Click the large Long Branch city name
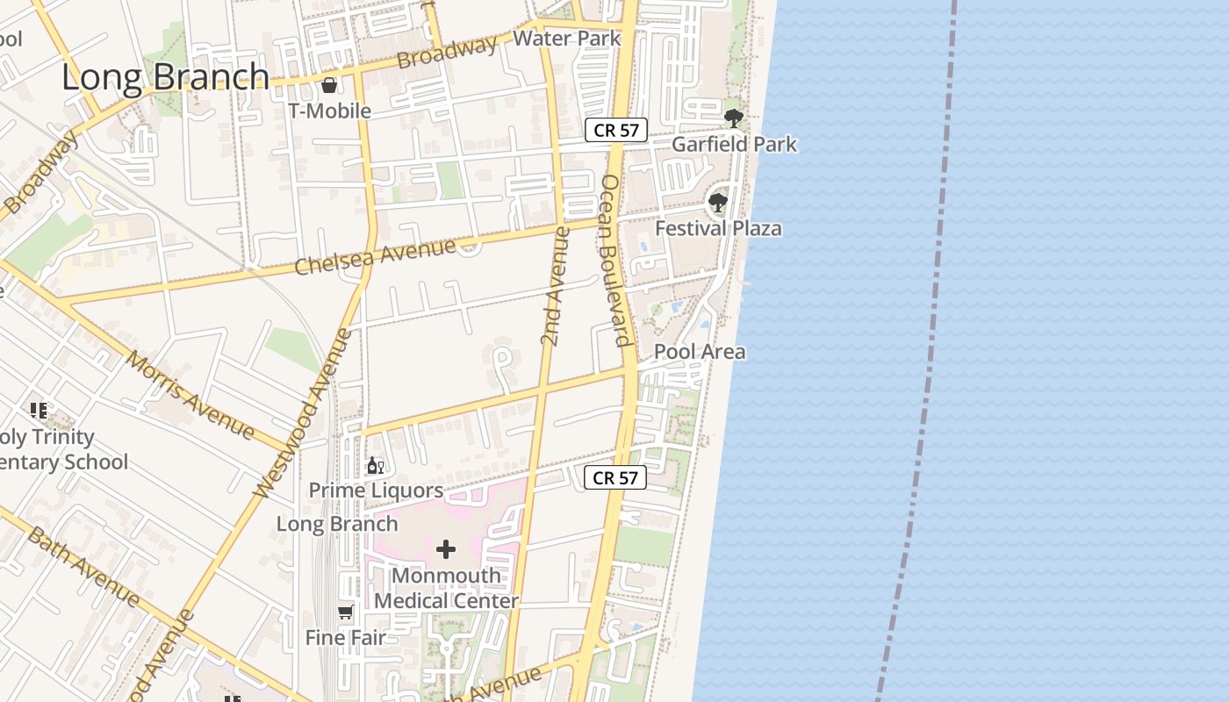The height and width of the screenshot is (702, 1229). tap(165, 77)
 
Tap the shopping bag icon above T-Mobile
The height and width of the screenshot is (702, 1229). tap(329, 85)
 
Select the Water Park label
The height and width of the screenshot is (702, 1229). tap(567, 39)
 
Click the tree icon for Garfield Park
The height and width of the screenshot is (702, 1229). tap(734, 117)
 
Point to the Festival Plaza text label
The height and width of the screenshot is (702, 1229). tap(718, 229)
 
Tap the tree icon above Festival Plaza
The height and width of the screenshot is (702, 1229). tap(718, 203)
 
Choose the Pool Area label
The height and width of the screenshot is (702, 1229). tap(700, 352)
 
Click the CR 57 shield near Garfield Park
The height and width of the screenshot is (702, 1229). tap(616, 131)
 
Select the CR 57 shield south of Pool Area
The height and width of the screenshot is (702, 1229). tap(615, 478)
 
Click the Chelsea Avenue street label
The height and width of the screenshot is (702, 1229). tap(375, 255)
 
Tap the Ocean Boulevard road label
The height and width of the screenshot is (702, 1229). tap(616, 260)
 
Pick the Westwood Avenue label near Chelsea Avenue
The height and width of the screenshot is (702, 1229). tap(303, 412)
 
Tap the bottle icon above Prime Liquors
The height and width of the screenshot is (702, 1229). tap(375, 465)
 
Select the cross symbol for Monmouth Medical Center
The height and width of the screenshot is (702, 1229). tap(446, 550)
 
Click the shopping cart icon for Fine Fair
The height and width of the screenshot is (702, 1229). tap(346, 612)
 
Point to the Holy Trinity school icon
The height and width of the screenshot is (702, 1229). tap(38, 410)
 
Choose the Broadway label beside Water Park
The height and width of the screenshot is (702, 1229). tap(447, 53)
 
